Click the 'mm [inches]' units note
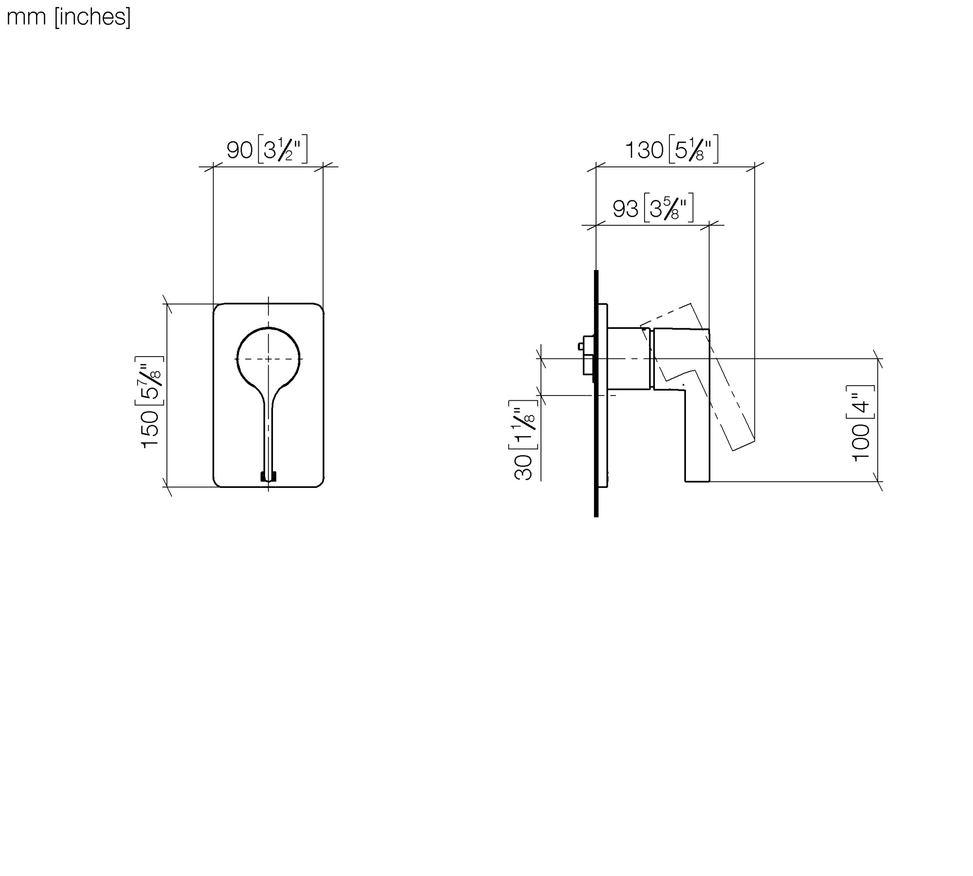pyautogui.click(x=69, y=17)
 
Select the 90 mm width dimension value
pyautogui.click(x=239, y=150)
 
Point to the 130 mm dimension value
pyautogui.click(x=644, y=150)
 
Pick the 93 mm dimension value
pyautogui.click(x=625, y=209)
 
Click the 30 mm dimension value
pyautogui.click(x=523, y=467)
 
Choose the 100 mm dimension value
pyautogui.click(x=861, y=442)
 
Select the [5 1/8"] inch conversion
pyautogui.click(x=693, y=149)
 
